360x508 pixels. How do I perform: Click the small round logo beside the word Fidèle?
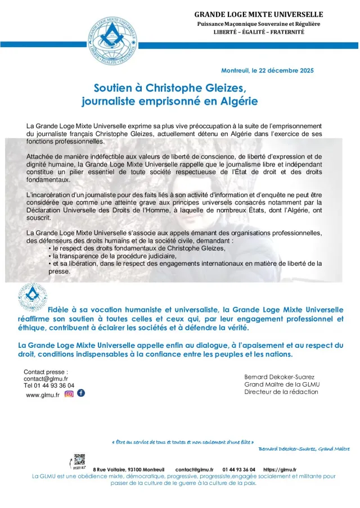(33, 297)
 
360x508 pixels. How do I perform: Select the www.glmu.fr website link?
(43, 394)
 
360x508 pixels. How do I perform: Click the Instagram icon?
(69, 393)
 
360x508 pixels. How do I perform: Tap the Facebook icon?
(81, 393)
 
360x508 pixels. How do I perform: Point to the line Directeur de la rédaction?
(281, 392)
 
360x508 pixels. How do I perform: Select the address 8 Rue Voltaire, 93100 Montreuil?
(129, 469)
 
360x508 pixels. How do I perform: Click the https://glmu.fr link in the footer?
(280, 469)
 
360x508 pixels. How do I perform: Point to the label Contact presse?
(46, 371)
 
